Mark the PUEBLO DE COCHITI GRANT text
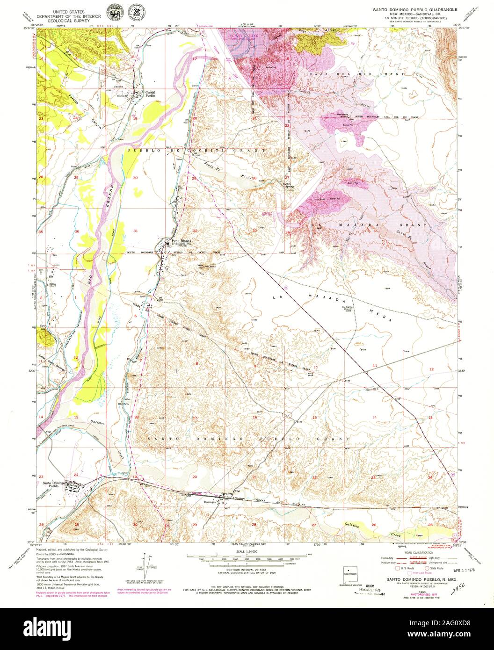196,151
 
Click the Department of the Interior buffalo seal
113,11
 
